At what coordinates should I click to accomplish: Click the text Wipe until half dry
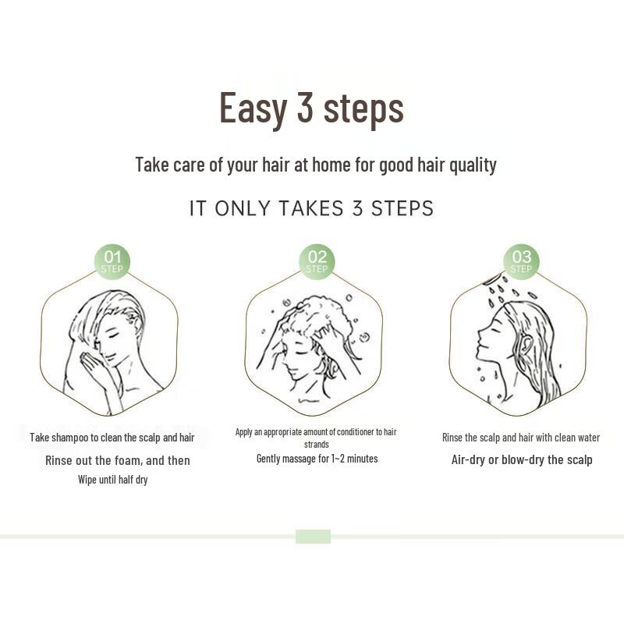(x=112, y=480)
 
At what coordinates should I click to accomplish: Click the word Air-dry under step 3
(x=468, y=459)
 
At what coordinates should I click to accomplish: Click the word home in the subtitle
(x=336, y=165)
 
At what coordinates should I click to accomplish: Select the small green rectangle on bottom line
(x=313, y=537)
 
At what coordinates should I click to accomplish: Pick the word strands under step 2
(x=316, y=444)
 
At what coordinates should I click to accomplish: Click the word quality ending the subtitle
(x=473, y=165)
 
